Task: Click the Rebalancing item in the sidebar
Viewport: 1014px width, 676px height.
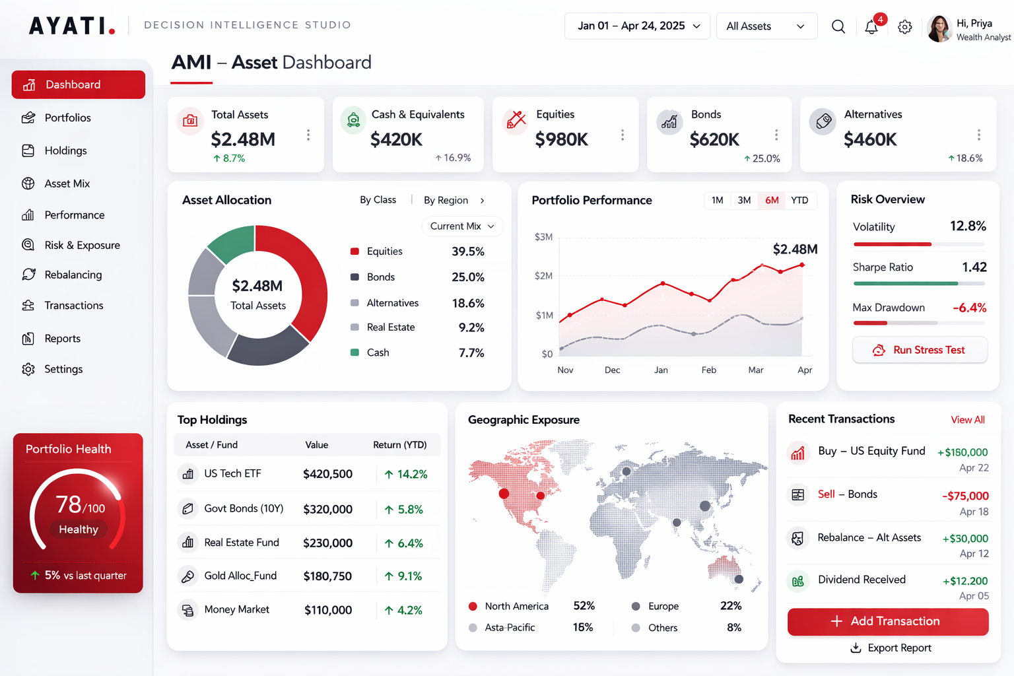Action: click(x=73, y=275)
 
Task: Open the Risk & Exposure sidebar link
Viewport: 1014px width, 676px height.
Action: click(x=82, y=245)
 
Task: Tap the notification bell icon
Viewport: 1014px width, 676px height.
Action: click(x=871, y=26)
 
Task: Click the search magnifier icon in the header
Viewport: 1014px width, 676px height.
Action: click(x=838, y=26)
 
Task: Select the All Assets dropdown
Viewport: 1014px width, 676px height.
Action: click(x=766, y=26)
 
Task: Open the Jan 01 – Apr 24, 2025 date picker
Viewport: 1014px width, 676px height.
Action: click(x=637, y=26)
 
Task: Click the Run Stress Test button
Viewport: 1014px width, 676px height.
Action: click(x=920, y=350)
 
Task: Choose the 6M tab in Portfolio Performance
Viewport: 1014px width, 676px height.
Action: click(x=772, y=200)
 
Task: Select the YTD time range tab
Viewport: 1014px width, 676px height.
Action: click(x=799, y=200)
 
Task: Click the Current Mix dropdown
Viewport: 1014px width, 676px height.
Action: click(x=462, y=226)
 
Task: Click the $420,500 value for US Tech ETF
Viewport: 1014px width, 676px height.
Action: click(x=327, y=474)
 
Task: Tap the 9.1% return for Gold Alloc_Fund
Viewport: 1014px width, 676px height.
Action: click(x=409, y=576)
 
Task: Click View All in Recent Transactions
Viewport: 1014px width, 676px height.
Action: click(x=967, y=420)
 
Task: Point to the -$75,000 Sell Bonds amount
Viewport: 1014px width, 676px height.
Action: click(x=965, y=496)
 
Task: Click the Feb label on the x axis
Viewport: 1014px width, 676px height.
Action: click(x=708, y=370)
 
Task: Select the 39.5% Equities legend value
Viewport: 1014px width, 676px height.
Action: click(x=467, y=252)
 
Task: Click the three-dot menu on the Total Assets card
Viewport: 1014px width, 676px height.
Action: click(x=308, y=135)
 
